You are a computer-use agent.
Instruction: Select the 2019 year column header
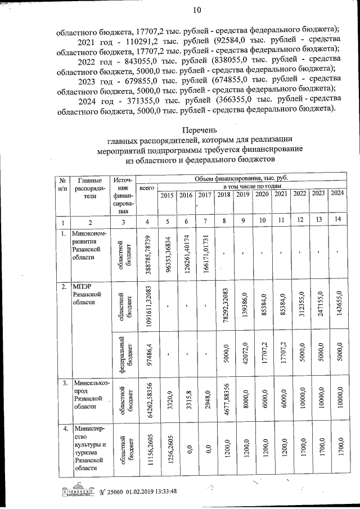[x=243, y=195]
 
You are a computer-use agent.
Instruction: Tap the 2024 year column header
[x=336, y=193]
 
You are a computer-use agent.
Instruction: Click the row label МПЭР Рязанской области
[x=87, y=294]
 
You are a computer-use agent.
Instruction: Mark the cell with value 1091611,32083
[x=148, y=309]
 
